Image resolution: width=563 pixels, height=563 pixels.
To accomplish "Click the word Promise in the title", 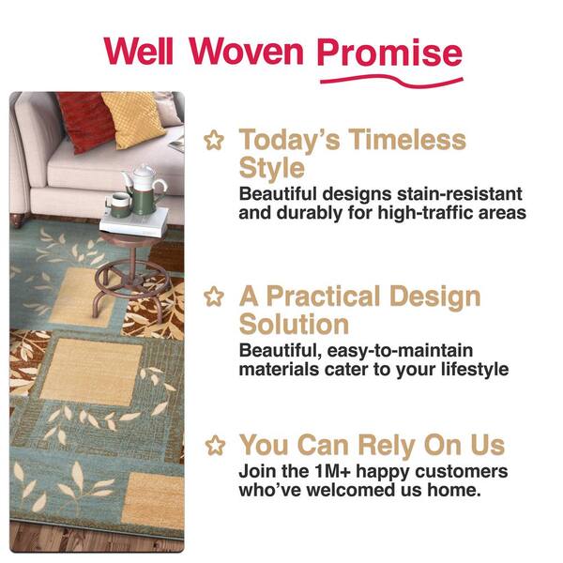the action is (x=389, y=53).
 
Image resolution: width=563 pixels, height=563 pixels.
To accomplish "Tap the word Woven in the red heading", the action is (x=247, y=51).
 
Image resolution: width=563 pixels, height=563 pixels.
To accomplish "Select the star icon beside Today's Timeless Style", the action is (x=214, y=141).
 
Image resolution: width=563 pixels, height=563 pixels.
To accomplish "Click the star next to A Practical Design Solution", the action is (x=214, y=297).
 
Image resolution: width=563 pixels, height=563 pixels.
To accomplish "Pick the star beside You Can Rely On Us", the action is (x=215, y=445).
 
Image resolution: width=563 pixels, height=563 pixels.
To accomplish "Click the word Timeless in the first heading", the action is (x=407, y=139).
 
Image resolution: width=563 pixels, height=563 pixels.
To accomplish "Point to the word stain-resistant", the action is (x=459, y=194).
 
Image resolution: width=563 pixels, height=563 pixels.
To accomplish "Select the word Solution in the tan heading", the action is (x=294, y=324).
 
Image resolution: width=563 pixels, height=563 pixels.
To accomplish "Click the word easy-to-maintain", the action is (x=400, y=351).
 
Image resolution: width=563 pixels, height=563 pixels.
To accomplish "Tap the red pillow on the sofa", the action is (x=86, y=120).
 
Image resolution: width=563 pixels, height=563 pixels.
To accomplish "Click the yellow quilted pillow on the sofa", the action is (x=133, y=118).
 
